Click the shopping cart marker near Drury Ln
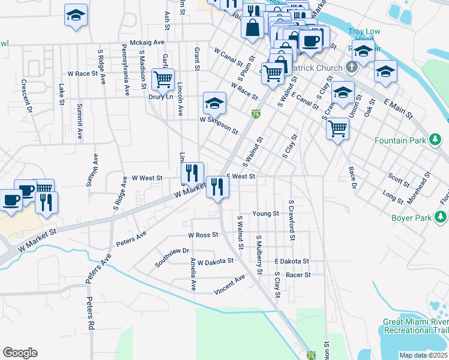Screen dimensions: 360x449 [x=162, y=79]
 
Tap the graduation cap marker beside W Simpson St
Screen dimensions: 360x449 [x=214, y=103]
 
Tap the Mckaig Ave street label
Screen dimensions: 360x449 [x=147, y=43]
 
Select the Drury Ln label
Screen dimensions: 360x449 [x=161, y=96]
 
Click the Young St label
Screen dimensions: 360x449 [x=266, y=214]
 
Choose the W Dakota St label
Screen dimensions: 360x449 [x=215, y=262]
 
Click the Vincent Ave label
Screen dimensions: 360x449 [x=230, y=285]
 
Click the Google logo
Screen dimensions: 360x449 [x=20, y=353]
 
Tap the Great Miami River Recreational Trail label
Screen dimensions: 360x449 [x=415, y=326]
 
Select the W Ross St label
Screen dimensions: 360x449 [x=203, y=235]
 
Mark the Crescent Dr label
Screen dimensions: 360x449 [x=26, y=96]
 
